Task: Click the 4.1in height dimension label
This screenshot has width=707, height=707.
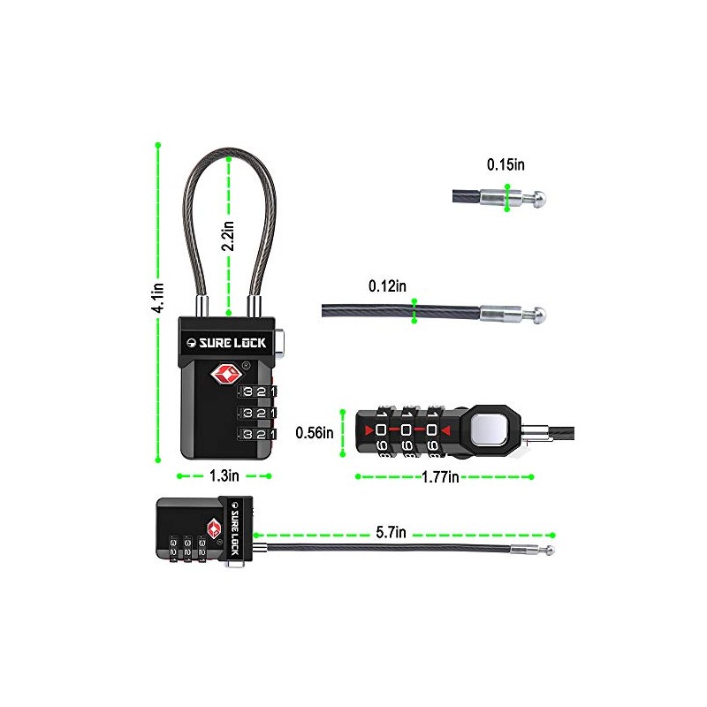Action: coord(157,298)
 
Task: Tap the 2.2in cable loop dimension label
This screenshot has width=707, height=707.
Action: coord(228,235)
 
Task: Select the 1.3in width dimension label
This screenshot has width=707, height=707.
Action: coord(224,475)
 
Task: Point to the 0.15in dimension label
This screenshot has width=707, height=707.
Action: coord(506,164)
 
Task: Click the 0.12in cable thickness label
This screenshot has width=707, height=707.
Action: coord(387,285)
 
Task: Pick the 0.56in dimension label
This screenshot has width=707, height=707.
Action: coord(315,433)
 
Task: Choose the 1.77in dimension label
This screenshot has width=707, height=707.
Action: coord(440,476)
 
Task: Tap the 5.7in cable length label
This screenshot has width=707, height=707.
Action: coord(391,533)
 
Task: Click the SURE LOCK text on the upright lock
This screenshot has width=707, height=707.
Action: coord(232,343)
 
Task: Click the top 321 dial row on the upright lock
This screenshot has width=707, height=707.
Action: coord(257,392)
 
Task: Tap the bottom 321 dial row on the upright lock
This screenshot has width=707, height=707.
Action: coord(257,434)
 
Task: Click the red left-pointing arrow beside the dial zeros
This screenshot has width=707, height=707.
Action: coord(446,431)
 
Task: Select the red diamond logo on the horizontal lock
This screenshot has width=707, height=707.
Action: coord(214,528)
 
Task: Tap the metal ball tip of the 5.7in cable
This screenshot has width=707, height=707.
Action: coord(550,550)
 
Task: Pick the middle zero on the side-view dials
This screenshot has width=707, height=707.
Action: coord(406,430)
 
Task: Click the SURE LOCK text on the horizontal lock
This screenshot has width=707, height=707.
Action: coord(234,528)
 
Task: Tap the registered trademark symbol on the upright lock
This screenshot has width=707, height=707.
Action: coord(247,366)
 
